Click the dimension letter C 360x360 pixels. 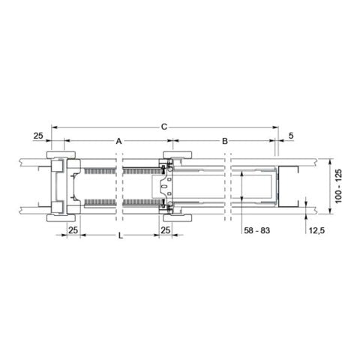(164, 127)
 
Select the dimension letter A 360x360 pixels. (118, 141)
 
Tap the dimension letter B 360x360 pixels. (225, 141)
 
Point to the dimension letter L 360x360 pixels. (121, 235)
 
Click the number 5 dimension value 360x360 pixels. (291, 136)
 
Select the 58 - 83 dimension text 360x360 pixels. (256, 230)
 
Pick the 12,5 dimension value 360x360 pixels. (316, 230)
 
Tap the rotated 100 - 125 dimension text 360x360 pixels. (338, 186)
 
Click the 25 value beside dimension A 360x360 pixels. (38, 136)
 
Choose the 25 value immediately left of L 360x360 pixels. (73, 230)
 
